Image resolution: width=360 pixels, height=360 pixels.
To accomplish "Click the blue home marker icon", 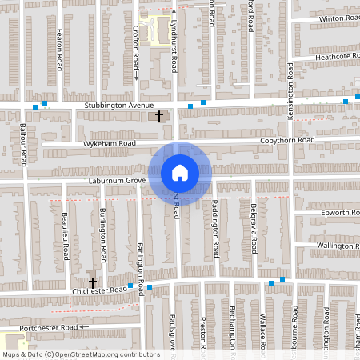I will click(x=180, y=173).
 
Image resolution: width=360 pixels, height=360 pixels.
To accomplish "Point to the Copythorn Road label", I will click(x=287, y=140).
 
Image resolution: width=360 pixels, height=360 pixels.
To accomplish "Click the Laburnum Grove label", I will click(x=116, y=182).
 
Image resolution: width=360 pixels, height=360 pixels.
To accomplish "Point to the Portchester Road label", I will click(x=53, y=327).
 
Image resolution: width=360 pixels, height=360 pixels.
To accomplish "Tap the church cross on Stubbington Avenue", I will click(x=158, y=117).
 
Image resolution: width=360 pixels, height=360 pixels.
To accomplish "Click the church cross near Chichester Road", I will click(x=93, y=282).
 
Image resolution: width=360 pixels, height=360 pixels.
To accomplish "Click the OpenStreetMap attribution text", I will click(x=81, y=354).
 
